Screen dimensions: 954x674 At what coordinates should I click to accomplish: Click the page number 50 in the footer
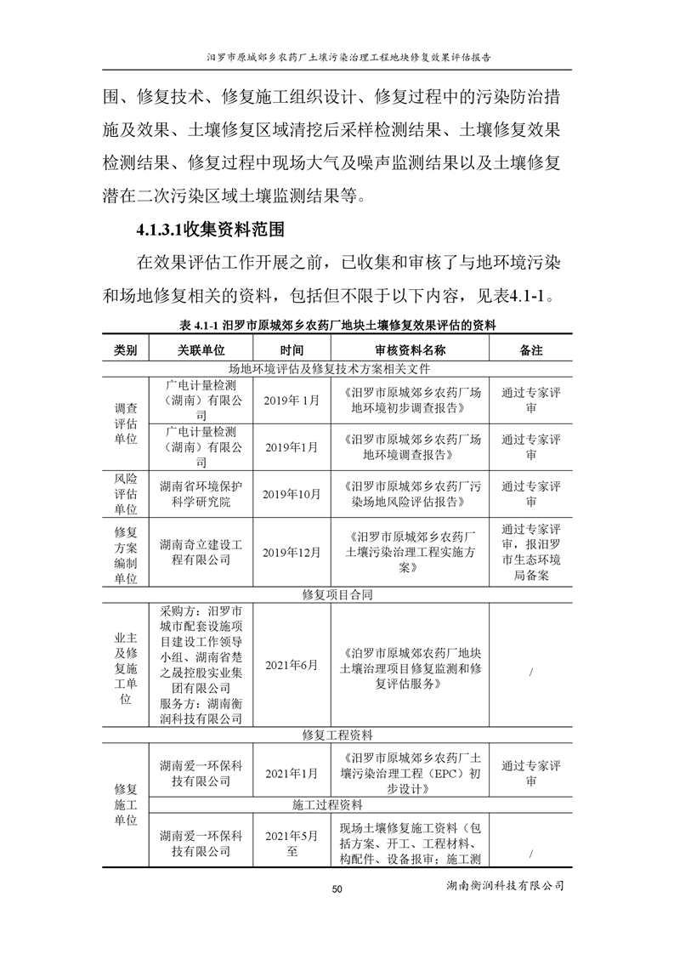pos(337,889)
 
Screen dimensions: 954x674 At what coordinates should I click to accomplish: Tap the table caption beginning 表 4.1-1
pos(337,325)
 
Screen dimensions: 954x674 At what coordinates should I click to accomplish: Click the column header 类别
pos(125,349)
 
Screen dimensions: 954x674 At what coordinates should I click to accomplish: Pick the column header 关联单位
pos(201,349)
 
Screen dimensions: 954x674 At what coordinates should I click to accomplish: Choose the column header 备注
pos(531,349)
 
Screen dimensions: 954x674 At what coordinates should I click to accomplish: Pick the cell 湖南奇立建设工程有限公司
pos(201,552)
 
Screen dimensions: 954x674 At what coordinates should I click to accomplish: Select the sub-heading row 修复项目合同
pos(337,595)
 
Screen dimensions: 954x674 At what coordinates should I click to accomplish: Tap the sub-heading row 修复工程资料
pos(337,734)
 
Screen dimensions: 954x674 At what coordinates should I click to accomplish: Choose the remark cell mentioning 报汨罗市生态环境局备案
pos(531,552)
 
